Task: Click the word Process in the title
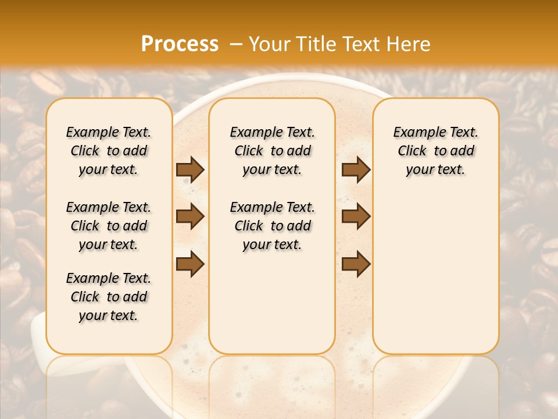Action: [180, 44]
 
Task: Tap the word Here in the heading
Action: [408, 44]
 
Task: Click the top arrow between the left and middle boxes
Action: [190, 169]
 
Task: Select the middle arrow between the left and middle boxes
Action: [190, 216]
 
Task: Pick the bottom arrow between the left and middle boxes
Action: [190, 264]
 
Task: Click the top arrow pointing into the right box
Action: [356, 169]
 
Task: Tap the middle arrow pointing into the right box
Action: [356, 216]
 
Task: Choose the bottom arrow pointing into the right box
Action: [356, 264]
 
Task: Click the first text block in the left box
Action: [109, 151]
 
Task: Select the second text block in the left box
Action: [109, 226]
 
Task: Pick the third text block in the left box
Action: [109, 297]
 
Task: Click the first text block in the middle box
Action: [273, 151]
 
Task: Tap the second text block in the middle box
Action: [273, 226]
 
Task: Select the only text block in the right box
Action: [436, 151]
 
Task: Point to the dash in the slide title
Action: [236, 44]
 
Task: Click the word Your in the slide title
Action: [270, 44]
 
